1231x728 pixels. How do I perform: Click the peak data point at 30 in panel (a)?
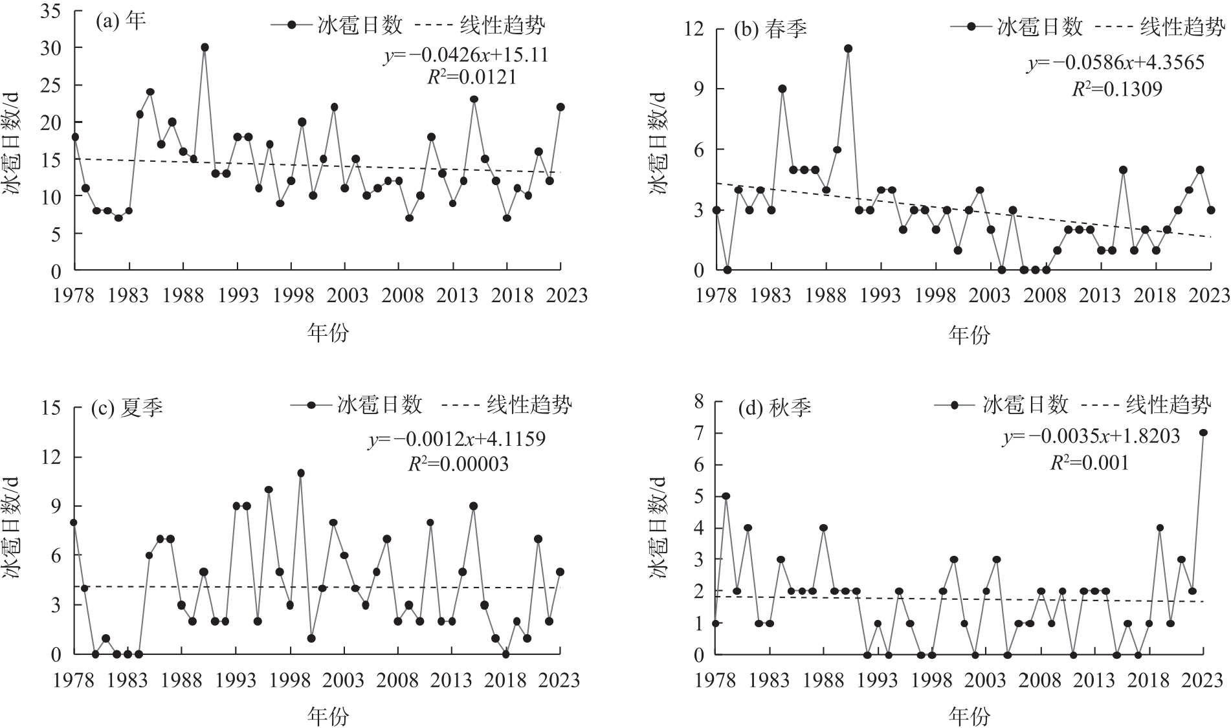coord(205,47)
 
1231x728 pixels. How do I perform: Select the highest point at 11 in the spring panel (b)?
coord(848,49)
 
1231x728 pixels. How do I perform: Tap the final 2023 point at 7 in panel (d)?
coord(1203,433)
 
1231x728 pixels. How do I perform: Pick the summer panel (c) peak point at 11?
coord(301,473)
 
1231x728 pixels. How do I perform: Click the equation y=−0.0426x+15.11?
coord(466,55)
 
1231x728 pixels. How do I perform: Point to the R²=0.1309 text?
coord(1117,89)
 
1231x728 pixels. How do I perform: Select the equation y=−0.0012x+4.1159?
coord(457,439)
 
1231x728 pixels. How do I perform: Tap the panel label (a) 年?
coord(120,21)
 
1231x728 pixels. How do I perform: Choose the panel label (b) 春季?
coord(770,29)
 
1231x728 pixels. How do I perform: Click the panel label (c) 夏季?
coord(127,408)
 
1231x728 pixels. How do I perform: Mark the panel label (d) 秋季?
coord(774,408)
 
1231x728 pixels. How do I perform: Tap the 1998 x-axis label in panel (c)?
coord(291,680)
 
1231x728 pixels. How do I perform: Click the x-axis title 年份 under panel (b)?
coord(969,335)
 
